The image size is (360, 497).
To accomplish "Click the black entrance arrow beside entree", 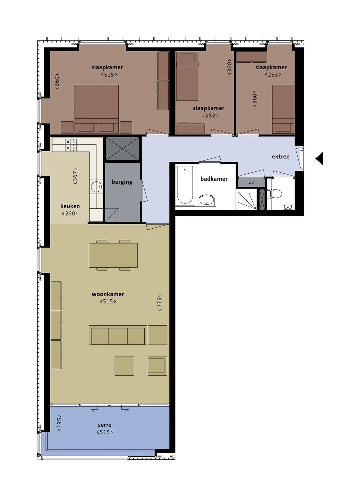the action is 320,158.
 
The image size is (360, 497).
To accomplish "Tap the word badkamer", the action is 214,179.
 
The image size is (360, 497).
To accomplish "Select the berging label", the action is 122,182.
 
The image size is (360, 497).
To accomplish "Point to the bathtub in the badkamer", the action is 185,185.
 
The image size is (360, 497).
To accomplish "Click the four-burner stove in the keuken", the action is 71,145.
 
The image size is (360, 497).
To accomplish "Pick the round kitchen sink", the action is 97,187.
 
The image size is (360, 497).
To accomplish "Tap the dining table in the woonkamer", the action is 113,255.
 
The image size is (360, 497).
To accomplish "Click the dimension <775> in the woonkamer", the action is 160,303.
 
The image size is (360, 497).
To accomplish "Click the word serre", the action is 105,425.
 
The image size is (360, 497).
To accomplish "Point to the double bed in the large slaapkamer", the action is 97,109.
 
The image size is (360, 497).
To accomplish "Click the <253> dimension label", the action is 273,75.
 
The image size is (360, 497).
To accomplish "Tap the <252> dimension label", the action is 210,116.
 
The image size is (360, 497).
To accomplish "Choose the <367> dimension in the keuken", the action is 75,176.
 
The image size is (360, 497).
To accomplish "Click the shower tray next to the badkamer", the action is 246,199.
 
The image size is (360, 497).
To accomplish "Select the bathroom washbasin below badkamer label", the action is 207,200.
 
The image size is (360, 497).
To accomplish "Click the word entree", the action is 281,157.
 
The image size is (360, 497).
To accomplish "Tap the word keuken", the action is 70,206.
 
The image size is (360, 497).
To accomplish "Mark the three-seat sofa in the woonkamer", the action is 118,335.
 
